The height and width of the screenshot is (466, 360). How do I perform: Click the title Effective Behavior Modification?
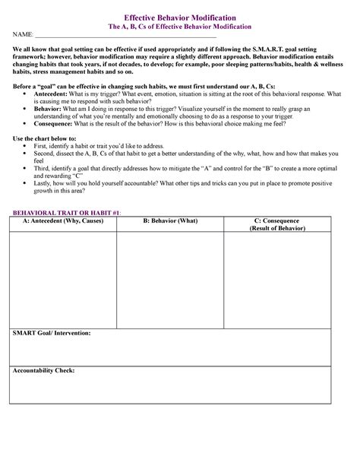pyautogui.click(x=180, y=16)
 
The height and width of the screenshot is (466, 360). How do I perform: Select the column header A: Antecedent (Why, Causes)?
pyautogui.click(x=62, y=220)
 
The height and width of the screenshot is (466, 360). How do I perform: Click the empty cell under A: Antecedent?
pyautogui.click(x=62, y=277)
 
